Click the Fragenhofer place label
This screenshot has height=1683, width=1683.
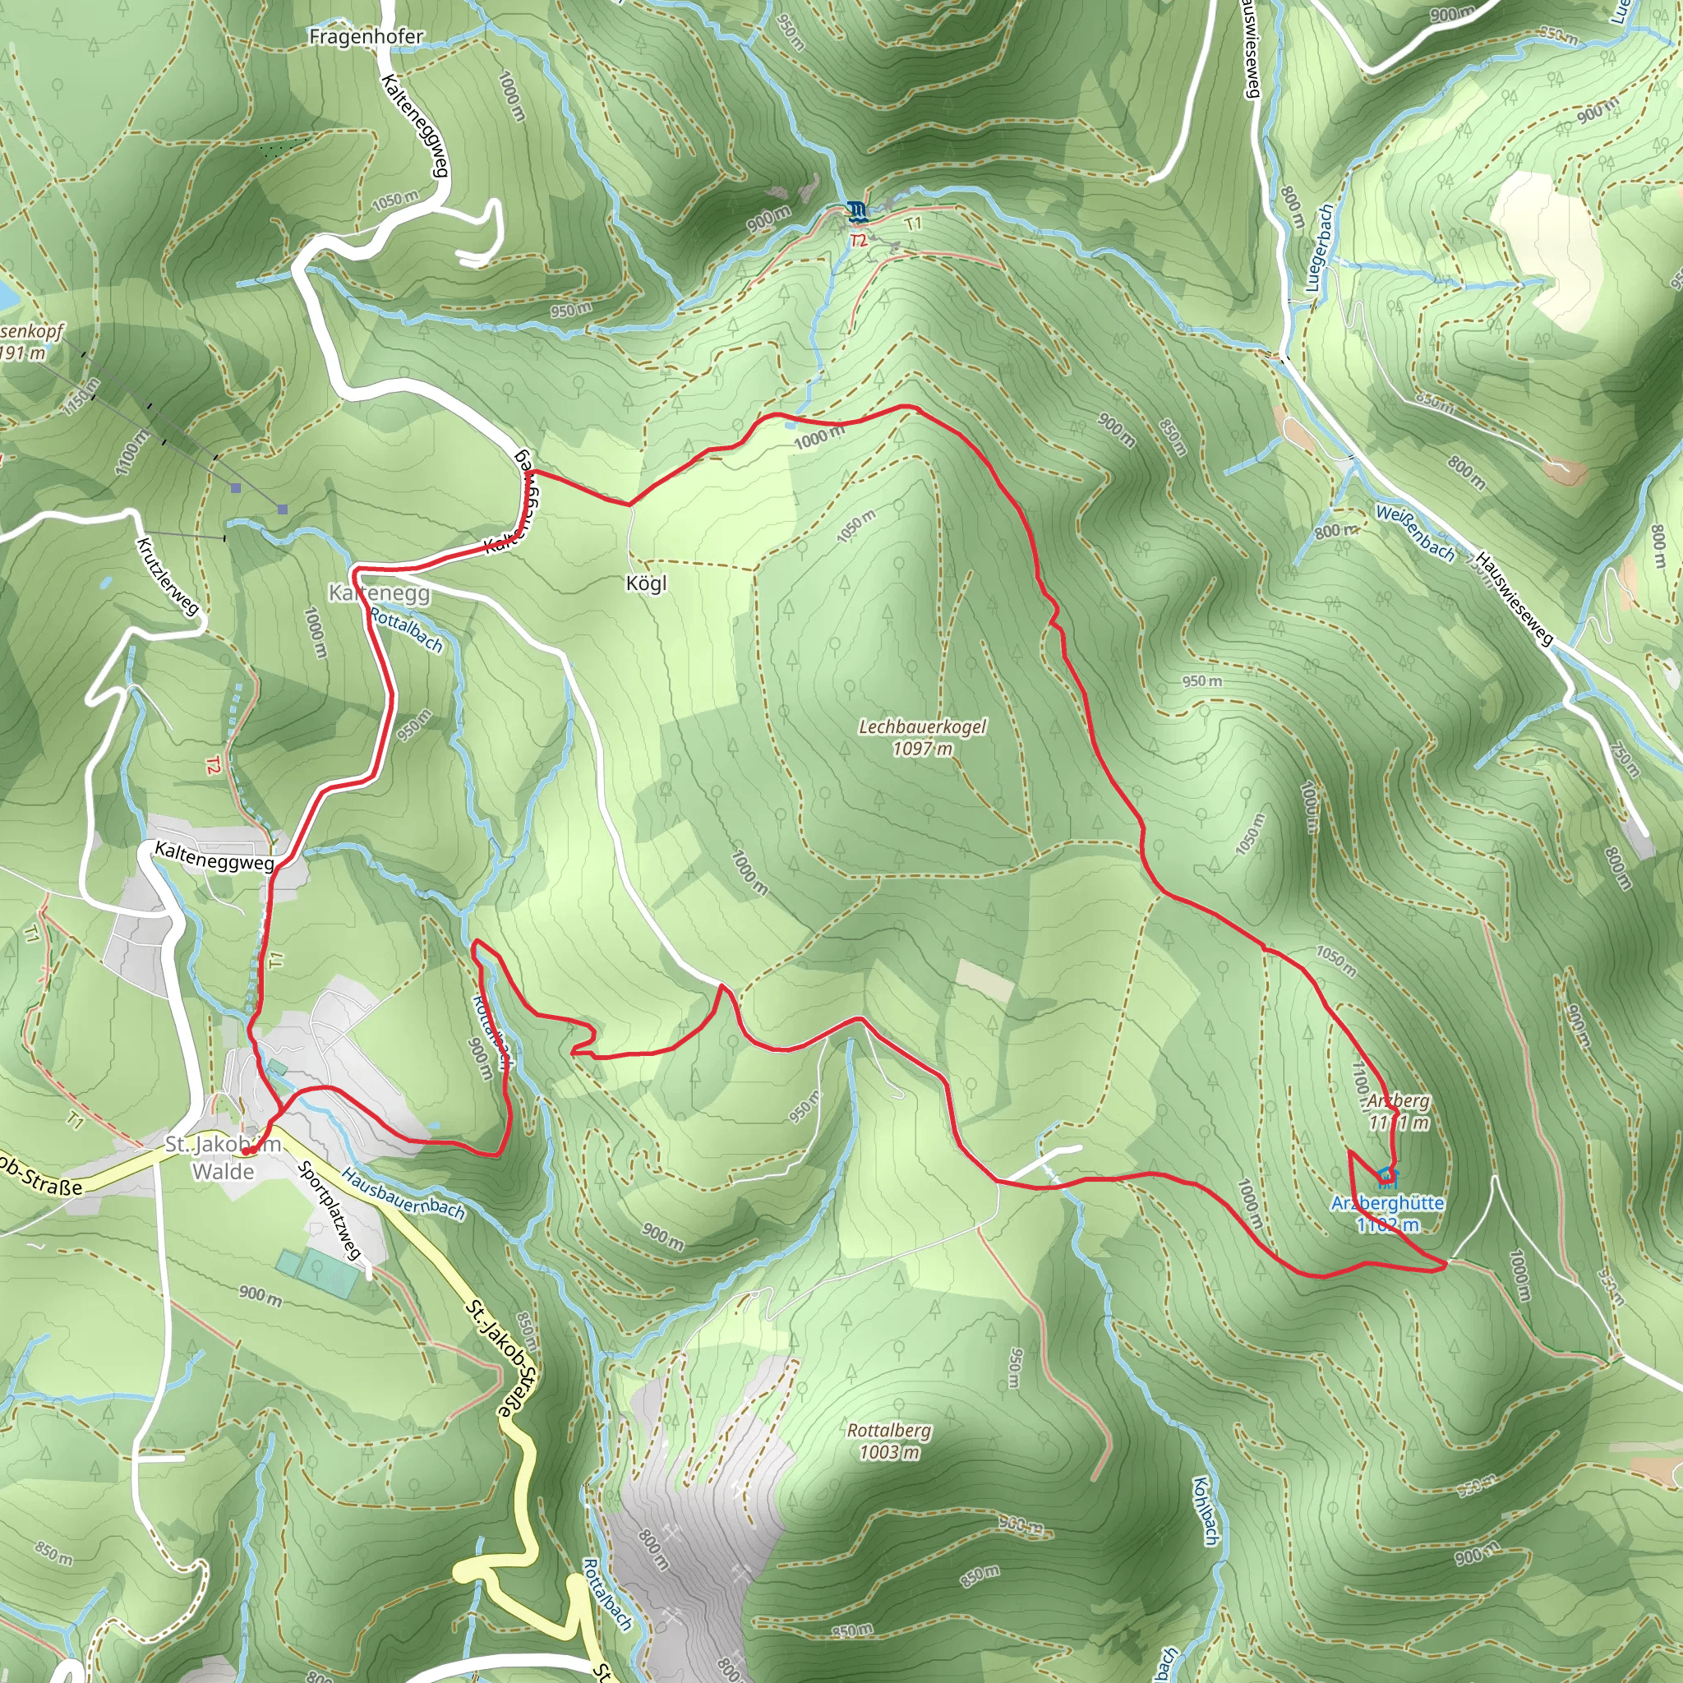pyautogui.click(x=366, y=37)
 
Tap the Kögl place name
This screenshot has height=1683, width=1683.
pyautogui.click(x=647, y=583)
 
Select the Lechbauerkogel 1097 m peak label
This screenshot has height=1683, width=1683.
pyautogui.click(x=923, y=737)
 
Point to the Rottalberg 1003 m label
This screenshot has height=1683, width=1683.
pyautogui.click(x=888, y=1441)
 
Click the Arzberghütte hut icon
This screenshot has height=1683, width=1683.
pyautogui.click(x=1386, y=1177)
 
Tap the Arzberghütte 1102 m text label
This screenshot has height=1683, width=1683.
pyautogui.click(x=1388, y=1214)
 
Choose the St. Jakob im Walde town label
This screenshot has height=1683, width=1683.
pyautogui.click(x=223, y=1158)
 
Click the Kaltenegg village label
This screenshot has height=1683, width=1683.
pyautogui.click(x=379, y=593)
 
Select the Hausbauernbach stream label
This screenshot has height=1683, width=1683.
pyautogui.click(x=403, y=1193)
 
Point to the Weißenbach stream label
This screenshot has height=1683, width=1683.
pyautogui.click(x=1415, y=533)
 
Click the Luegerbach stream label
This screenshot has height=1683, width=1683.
pyautogui.click(x=1319, y=248)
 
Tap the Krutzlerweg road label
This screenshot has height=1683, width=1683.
pyautogui.click(x=168, y=576)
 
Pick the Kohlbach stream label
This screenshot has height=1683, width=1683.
pyautogui.click(x=1205, y=1510)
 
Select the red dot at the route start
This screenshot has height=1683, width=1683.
pyautogui.click(x=247, y=1150)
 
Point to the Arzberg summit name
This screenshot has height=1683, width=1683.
pyautogui.click(x=1398, y=1101)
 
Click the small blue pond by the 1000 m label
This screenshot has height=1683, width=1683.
pyautogui.click(x=789, y=424)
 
